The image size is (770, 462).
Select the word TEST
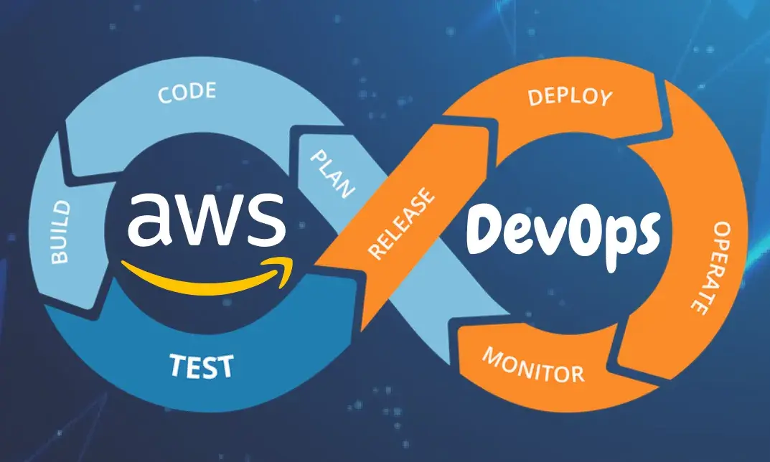coord(201,366)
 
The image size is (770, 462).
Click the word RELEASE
coord(401,222)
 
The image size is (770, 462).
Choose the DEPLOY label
coord(571,97)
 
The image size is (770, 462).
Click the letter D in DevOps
coord(492,228)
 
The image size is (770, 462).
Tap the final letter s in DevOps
coord(644,234)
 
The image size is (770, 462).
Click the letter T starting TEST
coord(177,365)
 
